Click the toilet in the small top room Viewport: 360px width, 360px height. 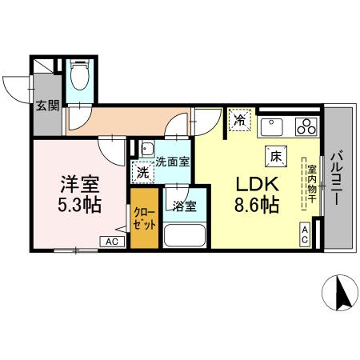(x=78, y=78)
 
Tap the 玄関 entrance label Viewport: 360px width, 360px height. (x=47, y=105)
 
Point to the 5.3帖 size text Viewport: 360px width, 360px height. (x=78, y=204)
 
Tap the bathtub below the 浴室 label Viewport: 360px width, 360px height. (x=185, y=238)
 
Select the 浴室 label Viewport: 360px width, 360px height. (x=185, y=205)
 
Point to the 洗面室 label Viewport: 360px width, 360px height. (x=172, y=160)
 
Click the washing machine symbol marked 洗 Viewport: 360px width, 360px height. (x=142, y=171)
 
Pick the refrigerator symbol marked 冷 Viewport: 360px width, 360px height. (x=240, y=121)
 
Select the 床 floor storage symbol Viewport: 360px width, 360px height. (x=274, y=156)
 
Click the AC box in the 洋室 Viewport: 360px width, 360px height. (x=112, y=242)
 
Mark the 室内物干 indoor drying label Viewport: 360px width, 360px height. (x=311, y=186)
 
